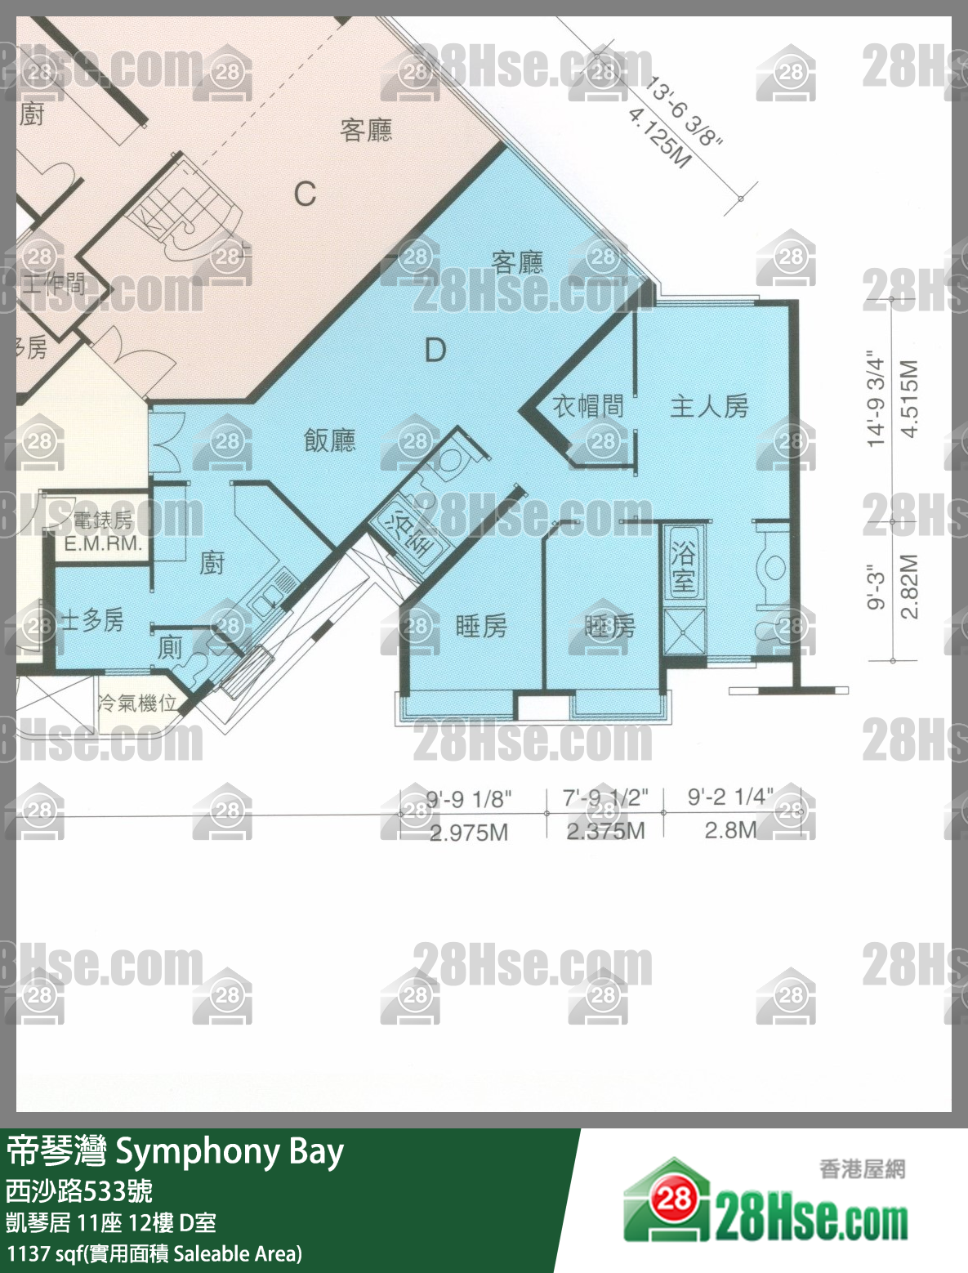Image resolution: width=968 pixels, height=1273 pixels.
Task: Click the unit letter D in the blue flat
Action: (435, 351)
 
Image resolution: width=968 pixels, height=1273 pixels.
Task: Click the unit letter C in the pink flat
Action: (305, 194)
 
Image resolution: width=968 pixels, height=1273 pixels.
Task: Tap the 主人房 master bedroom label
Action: (709, 406)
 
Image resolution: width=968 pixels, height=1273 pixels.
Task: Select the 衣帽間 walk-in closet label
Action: (588, 406)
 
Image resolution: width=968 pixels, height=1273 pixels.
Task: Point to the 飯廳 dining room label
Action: (330, 440)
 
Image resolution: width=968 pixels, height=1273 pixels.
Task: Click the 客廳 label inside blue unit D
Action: (517, 262)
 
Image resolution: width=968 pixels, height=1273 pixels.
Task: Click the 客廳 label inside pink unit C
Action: (366, 130)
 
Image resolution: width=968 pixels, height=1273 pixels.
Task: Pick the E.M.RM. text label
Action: (103, 543)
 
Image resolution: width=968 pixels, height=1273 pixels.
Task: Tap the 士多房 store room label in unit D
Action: (91, 620)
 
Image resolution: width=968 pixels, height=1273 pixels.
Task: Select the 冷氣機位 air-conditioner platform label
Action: (137, 703)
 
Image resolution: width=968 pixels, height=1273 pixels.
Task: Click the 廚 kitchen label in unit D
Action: (212, 562)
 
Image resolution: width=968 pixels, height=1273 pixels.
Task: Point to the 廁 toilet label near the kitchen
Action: (170, 647)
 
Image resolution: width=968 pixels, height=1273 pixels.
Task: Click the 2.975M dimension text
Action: (469, 833)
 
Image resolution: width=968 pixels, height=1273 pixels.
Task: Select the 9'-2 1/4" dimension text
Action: (729, 797)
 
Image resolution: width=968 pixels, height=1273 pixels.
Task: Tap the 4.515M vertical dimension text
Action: (909, 398)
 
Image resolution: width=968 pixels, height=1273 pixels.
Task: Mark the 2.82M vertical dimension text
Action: (909, 587)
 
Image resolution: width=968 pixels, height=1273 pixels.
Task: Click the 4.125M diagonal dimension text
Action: (659, 137)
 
